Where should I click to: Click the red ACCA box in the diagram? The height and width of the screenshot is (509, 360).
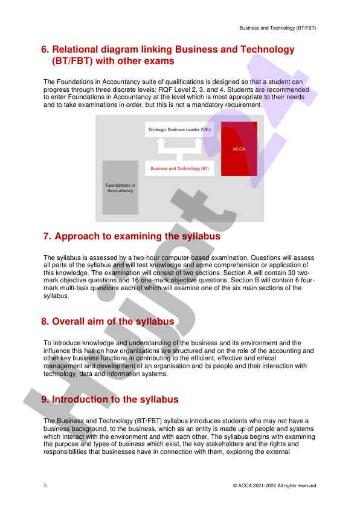click(239, 149)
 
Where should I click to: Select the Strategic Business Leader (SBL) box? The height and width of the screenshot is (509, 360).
click(179, 129)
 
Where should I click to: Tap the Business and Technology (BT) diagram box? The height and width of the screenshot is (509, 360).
click(179, 168)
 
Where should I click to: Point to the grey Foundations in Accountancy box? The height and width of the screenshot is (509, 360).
click(120, 187)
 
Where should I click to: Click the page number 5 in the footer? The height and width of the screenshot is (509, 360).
click(45, 485)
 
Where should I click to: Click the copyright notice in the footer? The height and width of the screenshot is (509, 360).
click(274, 485)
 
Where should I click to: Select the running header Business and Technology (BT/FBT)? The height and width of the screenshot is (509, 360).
click(278, 28)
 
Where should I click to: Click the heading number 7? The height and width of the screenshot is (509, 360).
click(47, 236)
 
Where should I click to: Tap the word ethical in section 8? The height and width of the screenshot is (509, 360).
click(266, 358)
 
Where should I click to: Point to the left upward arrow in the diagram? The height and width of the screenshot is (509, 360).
click(160, 146)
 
